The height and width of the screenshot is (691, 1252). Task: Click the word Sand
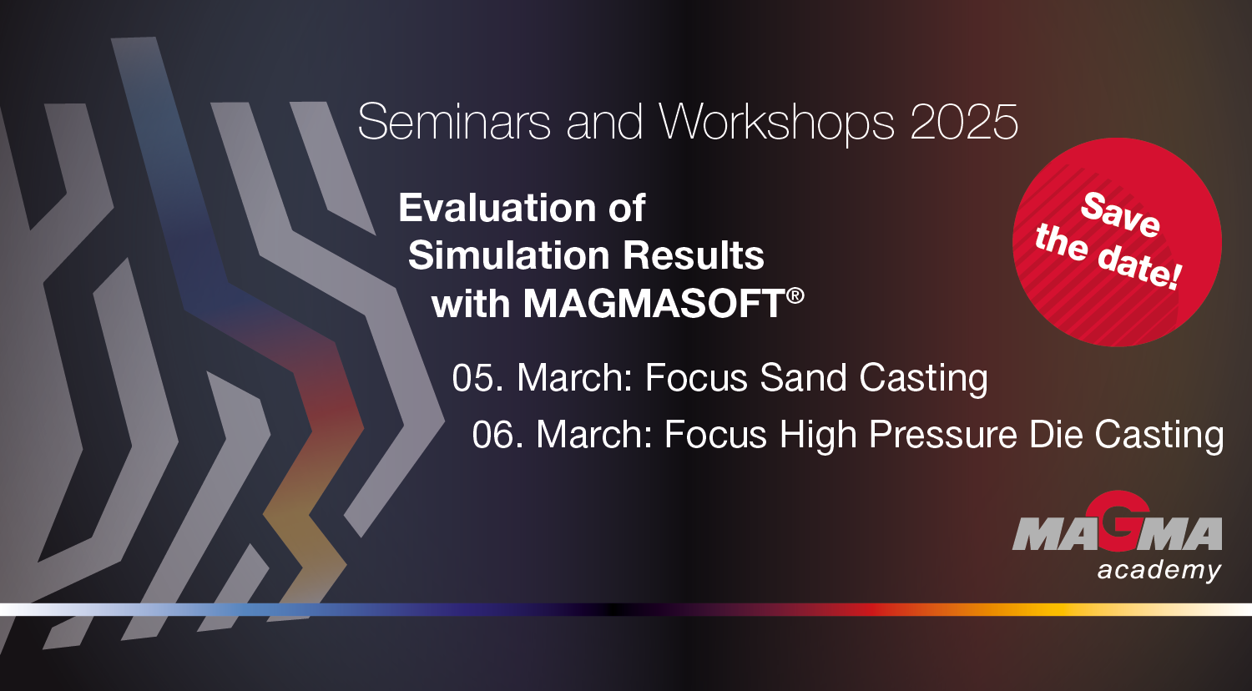[x=791, y=378]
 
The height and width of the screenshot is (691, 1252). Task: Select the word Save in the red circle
[x=1119, y=214]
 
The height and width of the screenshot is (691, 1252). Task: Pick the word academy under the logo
[x=1159, y=571]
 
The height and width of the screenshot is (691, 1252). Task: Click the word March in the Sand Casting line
[x=576, y=378]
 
